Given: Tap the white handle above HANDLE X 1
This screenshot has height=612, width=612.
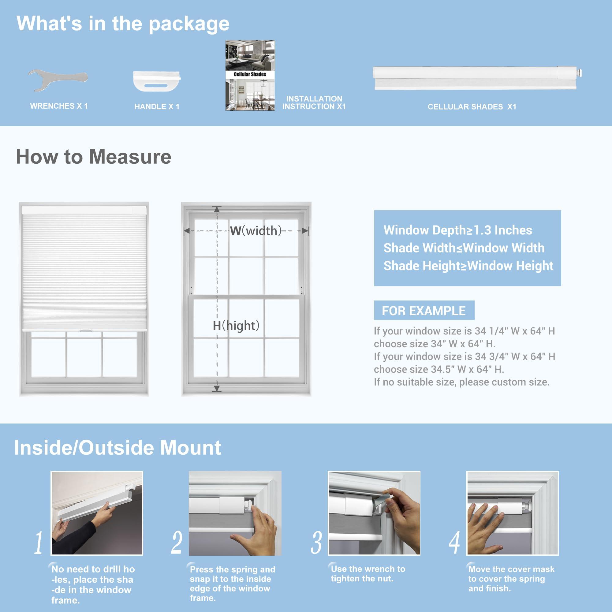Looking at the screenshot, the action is (156, 81).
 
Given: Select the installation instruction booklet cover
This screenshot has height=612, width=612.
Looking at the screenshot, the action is (250, 75).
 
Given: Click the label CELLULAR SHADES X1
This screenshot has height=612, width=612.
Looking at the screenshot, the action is (472, 107).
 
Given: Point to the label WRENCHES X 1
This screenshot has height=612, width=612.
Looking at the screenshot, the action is (59, 106).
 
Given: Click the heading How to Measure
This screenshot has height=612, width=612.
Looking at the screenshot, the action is (93, 157).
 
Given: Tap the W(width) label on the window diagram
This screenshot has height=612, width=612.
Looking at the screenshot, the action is (256, 231).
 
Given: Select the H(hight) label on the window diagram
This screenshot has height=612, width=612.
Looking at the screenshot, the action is (236, 325).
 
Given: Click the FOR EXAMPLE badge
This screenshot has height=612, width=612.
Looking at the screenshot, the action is (424, 310).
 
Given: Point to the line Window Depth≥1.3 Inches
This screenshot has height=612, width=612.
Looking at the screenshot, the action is (458, 230).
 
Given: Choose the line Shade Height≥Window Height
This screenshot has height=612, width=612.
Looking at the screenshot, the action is (468, 266).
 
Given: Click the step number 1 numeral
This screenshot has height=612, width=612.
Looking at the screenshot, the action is (39, 543).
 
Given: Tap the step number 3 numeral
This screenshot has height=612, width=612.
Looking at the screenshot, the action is (316, 543).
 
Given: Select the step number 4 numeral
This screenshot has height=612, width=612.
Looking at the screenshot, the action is (454, 543).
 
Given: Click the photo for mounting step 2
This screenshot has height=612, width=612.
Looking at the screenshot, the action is (235, 513).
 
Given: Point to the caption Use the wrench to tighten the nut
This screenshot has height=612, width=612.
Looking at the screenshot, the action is (368, 574).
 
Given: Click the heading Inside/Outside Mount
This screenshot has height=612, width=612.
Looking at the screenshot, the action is (118, 448).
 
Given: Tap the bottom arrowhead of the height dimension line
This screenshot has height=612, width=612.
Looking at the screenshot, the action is (217, 389).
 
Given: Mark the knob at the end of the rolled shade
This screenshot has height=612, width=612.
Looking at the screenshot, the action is (580, 73).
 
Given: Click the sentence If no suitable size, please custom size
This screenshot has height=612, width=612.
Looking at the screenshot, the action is (461, 382).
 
